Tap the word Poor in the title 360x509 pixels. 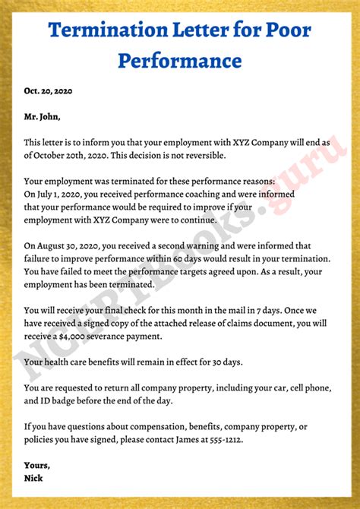[x=286, y=31]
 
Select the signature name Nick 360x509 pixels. [x=35, y=479]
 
